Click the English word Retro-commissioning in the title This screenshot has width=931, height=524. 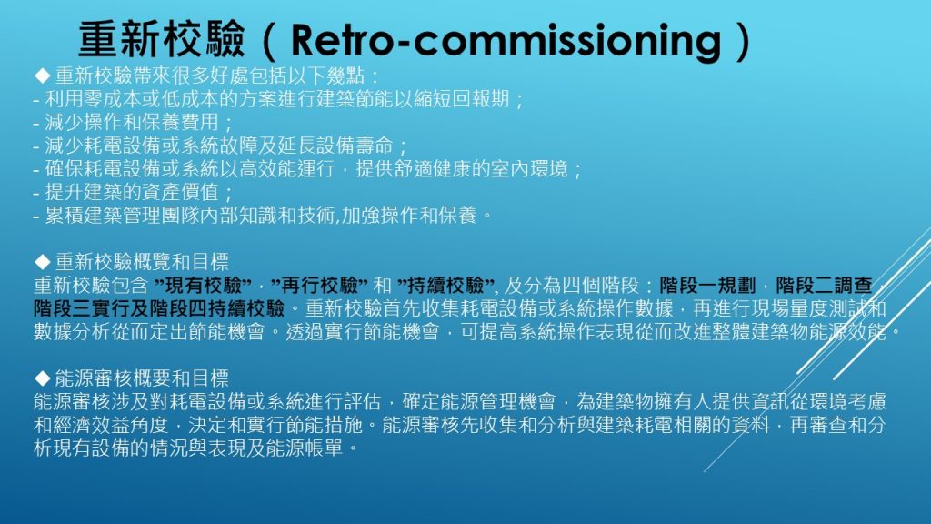click(506, 40)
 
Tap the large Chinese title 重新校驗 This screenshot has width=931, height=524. click(162, 40)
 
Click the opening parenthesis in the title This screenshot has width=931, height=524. click(268, 40)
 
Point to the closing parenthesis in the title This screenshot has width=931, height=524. click(743, 40)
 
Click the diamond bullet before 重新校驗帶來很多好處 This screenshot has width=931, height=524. click(42, 76)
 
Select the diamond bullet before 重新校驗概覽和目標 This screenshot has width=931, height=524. click(42, 261)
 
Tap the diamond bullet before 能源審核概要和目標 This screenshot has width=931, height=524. click(42, 378)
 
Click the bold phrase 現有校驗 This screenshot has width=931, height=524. click(203, 285)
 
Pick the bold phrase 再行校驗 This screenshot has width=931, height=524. click(319, 285)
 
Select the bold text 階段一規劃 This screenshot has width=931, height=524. click(707, 285)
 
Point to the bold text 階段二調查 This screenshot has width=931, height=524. click(824, 285)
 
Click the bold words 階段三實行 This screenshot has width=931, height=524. click(81, 308)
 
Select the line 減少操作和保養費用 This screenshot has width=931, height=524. click(132, 122)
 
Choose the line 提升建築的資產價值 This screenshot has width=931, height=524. click(132, 192)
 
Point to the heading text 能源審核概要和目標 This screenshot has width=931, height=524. click(142, 378)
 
